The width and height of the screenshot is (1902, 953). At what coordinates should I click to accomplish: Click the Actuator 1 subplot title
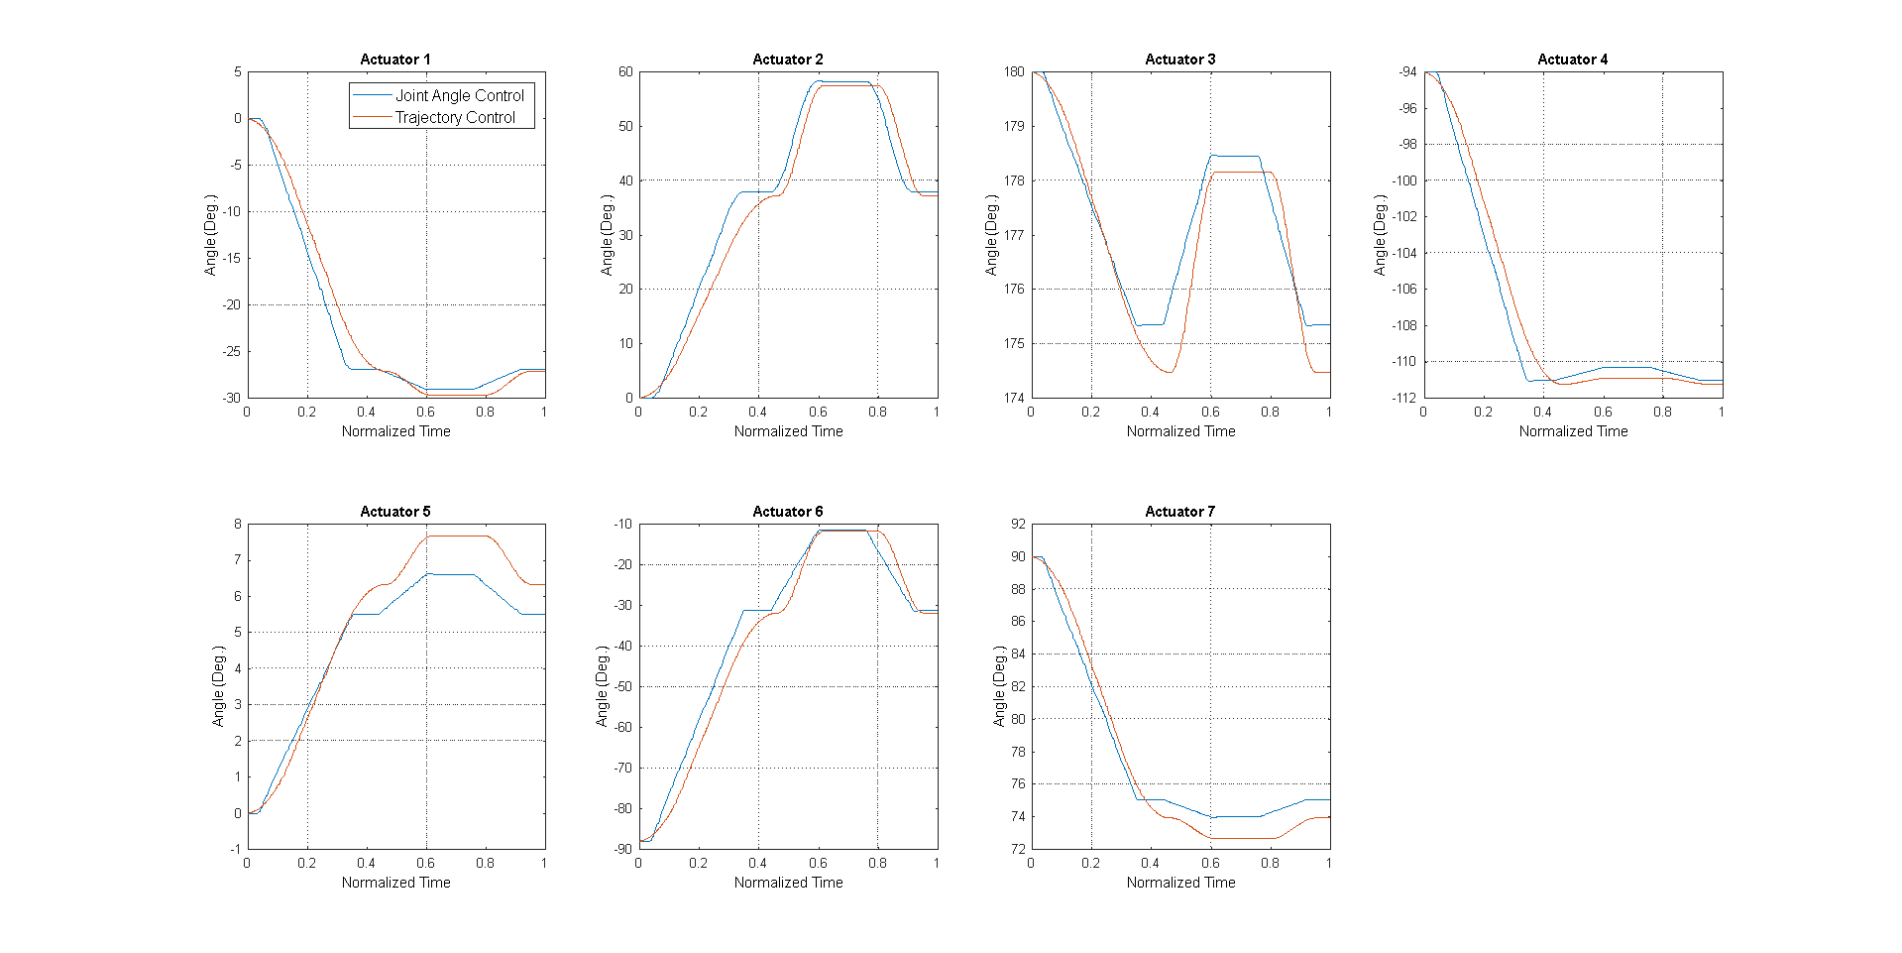coord(395,60)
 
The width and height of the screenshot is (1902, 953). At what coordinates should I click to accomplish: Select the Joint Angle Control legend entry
coord(459,95)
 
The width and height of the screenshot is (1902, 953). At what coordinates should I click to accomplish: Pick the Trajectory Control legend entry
coord(455,117)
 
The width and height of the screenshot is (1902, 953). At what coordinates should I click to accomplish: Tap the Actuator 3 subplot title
coord(1179,60)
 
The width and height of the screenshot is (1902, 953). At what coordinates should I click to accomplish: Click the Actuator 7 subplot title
coord(1179,512)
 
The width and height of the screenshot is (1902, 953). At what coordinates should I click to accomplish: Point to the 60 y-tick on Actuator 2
coord(625,72)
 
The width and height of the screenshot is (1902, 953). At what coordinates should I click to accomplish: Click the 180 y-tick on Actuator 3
coord(1014,72)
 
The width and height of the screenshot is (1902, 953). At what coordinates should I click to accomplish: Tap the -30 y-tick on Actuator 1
coord(231,398)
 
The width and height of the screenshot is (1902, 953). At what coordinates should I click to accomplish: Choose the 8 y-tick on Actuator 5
coord(238,524)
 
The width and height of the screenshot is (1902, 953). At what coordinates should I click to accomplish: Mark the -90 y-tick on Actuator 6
coord(622,849)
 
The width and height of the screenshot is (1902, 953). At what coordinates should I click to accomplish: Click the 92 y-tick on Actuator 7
coord(1018,524)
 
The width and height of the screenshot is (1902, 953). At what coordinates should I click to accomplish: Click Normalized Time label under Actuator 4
coord(1573,431)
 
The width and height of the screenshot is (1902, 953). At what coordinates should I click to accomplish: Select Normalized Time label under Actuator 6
coord(788,883)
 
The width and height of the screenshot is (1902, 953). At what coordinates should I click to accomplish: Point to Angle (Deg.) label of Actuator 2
coord(608,235)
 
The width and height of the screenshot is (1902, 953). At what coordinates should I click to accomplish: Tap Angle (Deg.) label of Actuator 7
coord(1000,686)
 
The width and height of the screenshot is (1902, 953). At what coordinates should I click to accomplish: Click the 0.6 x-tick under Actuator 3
coord(1210,412)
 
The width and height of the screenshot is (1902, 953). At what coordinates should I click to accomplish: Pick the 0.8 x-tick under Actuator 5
coord(485,863)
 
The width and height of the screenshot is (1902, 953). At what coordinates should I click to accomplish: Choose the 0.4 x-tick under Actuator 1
coord(366,412)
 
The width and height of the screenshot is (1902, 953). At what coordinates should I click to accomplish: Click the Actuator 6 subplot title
coord(787,512)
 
